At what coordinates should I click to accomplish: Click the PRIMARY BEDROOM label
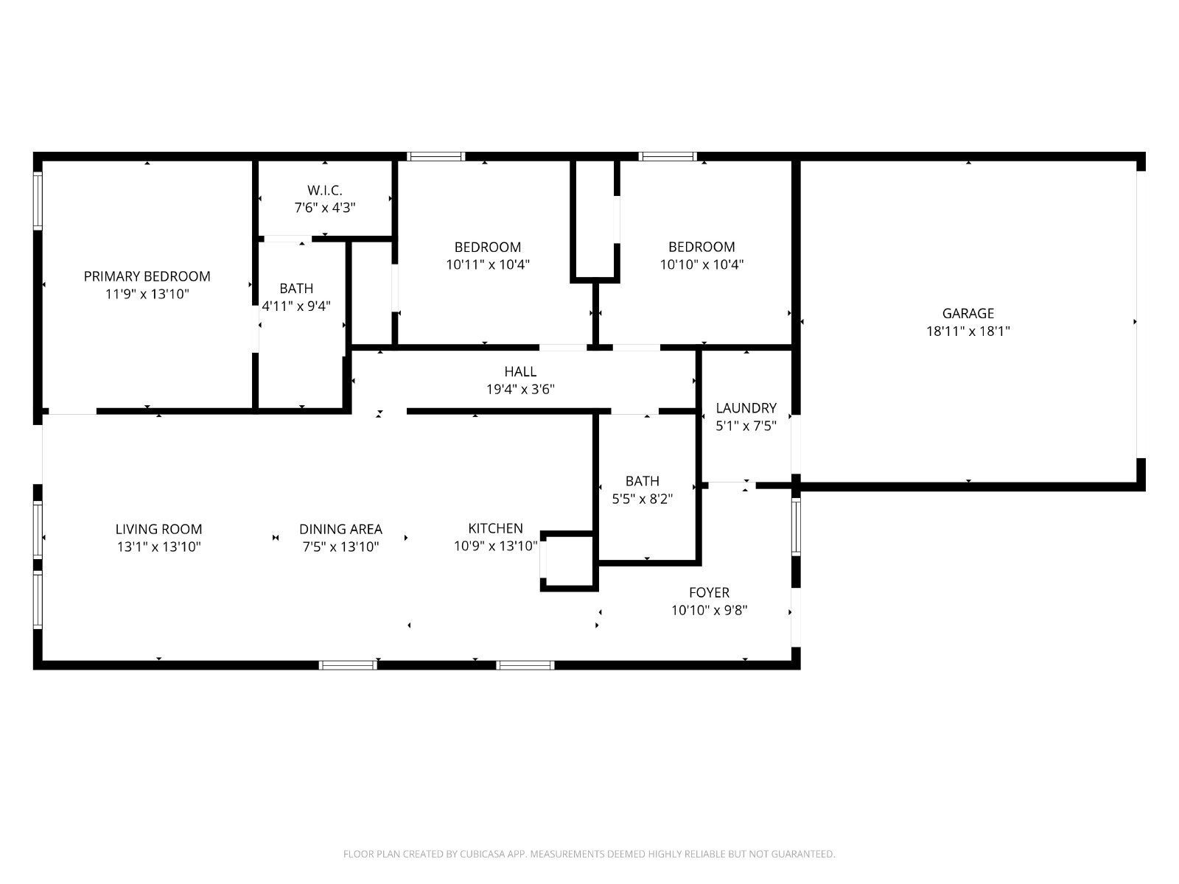[x=147, y=276]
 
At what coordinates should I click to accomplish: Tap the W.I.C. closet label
[x=324, y=190]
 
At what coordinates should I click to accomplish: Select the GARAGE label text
[x=968, y=314]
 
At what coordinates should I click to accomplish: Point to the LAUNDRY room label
[x=746, y=408]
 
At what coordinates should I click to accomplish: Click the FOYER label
[x=709, y=592]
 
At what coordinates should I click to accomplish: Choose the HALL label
[x=520, y=371]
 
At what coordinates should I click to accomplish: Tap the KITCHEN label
[x=495, y=528]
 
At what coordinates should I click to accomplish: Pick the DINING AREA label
[x=340, y=529]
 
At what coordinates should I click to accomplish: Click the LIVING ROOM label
[x=158, y=529]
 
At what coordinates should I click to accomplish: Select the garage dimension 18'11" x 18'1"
[x=968, y=331]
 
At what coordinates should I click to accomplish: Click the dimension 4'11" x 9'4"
[x=296, y=306]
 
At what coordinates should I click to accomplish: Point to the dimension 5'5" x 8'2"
[x=643, y=499]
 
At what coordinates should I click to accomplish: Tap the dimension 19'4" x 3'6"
[x=520, y=389]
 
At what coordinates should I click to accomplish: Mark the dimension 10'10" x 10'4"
[x=702, y=264]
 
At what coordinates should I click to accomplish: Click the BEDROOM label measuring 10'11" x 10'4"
[x=488, y=247]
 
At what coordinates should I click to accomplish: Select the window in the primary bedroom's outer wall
[x=38, y=200]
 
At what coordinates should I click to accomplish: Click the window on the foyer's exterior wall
[x=796, y=527]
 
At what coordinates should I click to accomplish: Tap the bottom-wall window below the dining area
[x=348, y=665]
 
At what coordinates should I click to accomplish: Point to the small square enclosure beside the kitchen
[x=569, y=561]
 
